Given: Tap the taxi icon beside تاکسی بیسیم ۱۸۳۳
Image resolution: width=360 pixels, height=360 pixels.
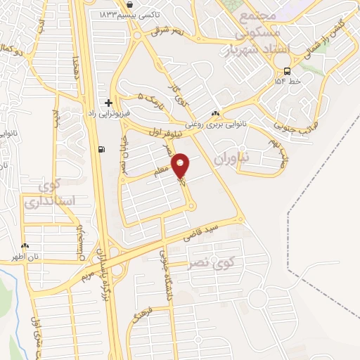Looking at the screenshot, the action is coord(131,5).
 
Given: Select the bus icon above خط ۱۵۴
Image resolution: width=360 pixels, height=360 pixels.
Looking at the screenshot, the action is coord(287,70).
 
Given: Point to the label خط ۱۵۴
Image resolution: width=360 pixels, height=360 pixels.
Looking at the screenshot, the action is coord(288,81).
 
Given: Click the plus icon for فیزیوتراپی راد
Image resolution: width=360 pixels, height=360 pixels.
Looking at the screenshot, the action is coord(108,102).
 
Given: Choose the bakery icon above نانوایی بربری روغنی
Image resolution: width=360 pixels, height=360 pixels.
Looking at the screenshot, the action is coord(215,114).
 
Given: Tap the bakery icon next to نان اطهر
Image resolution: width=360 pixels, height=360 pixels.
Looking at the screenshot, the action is coord(25,246).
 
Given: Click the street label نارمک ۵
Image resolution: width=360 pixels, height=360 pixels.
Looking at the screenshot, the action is coord(149,103).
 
